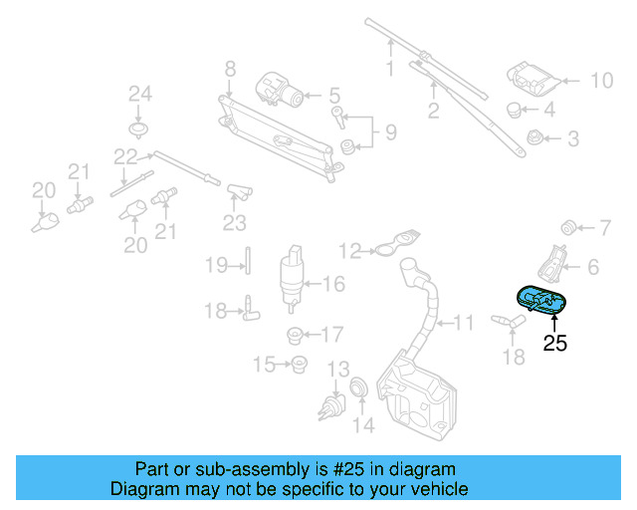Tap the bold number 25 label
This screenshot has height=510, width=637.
click(x=554, y=345)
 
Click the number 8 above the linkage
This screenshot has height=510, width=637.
click(x=230, y=70)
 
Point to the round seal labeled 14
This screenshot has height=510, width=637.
click(x=359, y=386)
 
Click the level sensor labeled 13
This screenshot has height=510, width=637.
click(x=333, y=404)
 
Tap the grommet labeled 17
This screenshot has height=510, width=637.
click(x=295, y=334)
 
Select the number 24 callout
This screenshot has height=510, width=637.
click(x=139, y=95)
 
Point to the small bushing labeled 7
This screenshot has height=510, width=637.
click(x=571, y=222)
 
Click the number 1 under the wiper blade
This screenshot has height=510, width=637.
click(x=390, y=69)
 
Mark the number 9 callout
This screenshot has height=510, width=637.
click(x=390, y=131)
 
